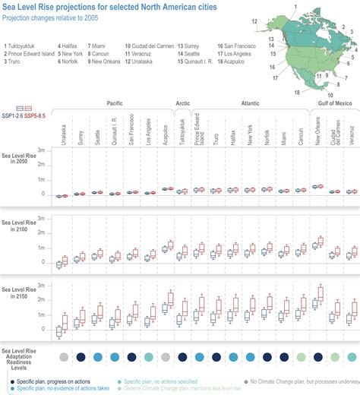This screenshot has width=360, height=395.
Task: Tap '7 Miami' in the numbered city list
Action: pos(99,46)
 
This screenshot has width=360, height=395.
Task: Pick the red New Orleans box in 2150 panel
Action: pos(321,295)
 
